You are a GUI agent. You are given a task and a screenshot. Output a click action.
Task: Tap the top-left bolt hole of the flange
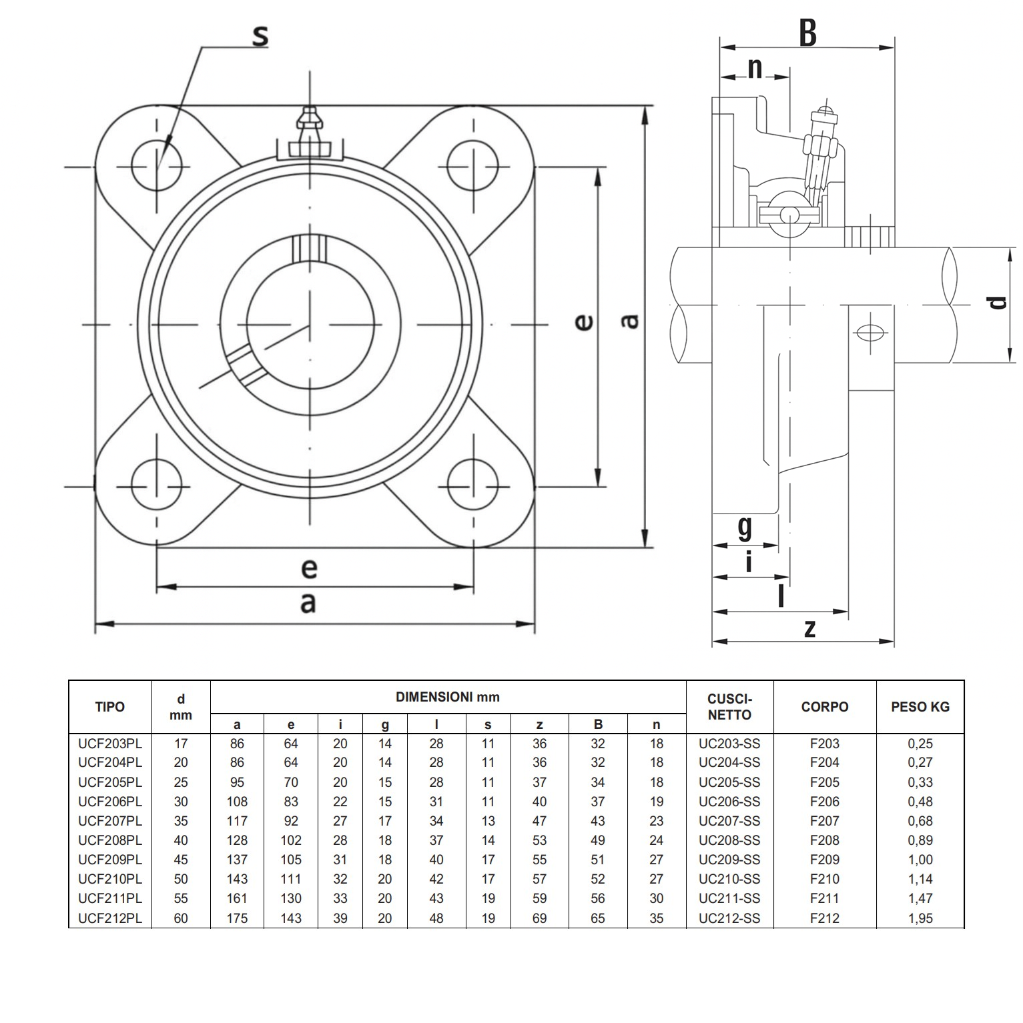click(x=157, y=165)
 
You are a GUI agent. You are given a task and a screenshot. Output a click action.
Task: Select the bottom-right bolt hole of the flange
click(x=472, y=485)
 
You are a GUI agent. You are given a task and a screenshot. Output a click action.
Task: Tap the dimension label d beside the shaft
click(x=997, y=302)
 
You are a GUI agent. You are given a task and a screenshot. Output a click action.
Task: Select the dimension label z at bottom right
click(x=809, y=628)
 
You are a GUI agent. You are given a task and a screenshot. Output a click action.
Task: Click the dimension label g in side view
click(x=745, y=528)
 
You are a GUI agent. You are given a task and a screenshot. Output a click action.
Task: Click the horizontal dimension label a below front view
click(x=308, y=603)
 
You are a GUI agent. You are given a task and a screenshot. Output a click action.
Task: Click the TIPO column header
click(x=110, y=707)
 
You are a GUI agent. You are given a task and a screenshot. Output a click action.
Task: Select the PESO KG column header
click(x=920, y=707)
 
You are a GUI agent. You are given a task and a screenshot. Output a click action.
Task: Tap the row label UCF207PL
click(x=110, y=821)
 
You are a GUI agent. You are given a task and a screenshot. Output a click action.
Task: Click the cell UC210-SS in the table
click(x=729, y=879)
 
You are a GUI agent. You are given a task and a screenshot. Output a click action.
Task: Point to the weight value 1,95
click(x=920, y=918)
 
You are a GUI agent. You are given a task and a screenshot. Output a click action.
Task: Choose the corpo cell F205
click(x=824, y=782)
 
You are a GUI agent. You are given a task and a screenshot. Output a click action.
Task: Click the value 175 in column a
click(x=237, y=918)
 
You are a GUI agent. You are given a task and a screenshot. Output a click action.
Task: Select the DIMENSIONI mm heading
click(x=447, y=698)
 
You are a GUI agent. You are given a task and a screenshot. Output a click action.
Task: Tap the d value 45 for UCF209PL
click(x=181, y=860)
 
